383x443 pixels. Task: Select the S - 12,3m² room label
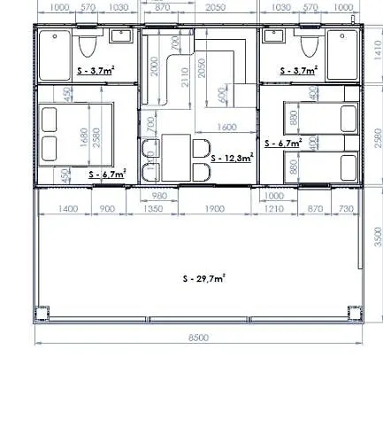(233, 157)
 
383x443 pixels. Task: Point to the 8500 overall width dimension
(197, 338)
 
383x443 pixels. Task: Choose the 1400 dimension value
(66, 209)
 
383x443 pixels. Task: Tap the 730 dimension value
(346, 209)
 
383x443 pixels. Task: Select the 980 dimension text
(160, 195)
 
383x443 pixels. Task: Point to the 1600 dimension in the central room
(226, 128)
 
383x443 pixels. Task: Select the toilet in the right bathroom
(309, 46)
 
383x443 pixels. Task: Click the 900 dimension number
(108, 209)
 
